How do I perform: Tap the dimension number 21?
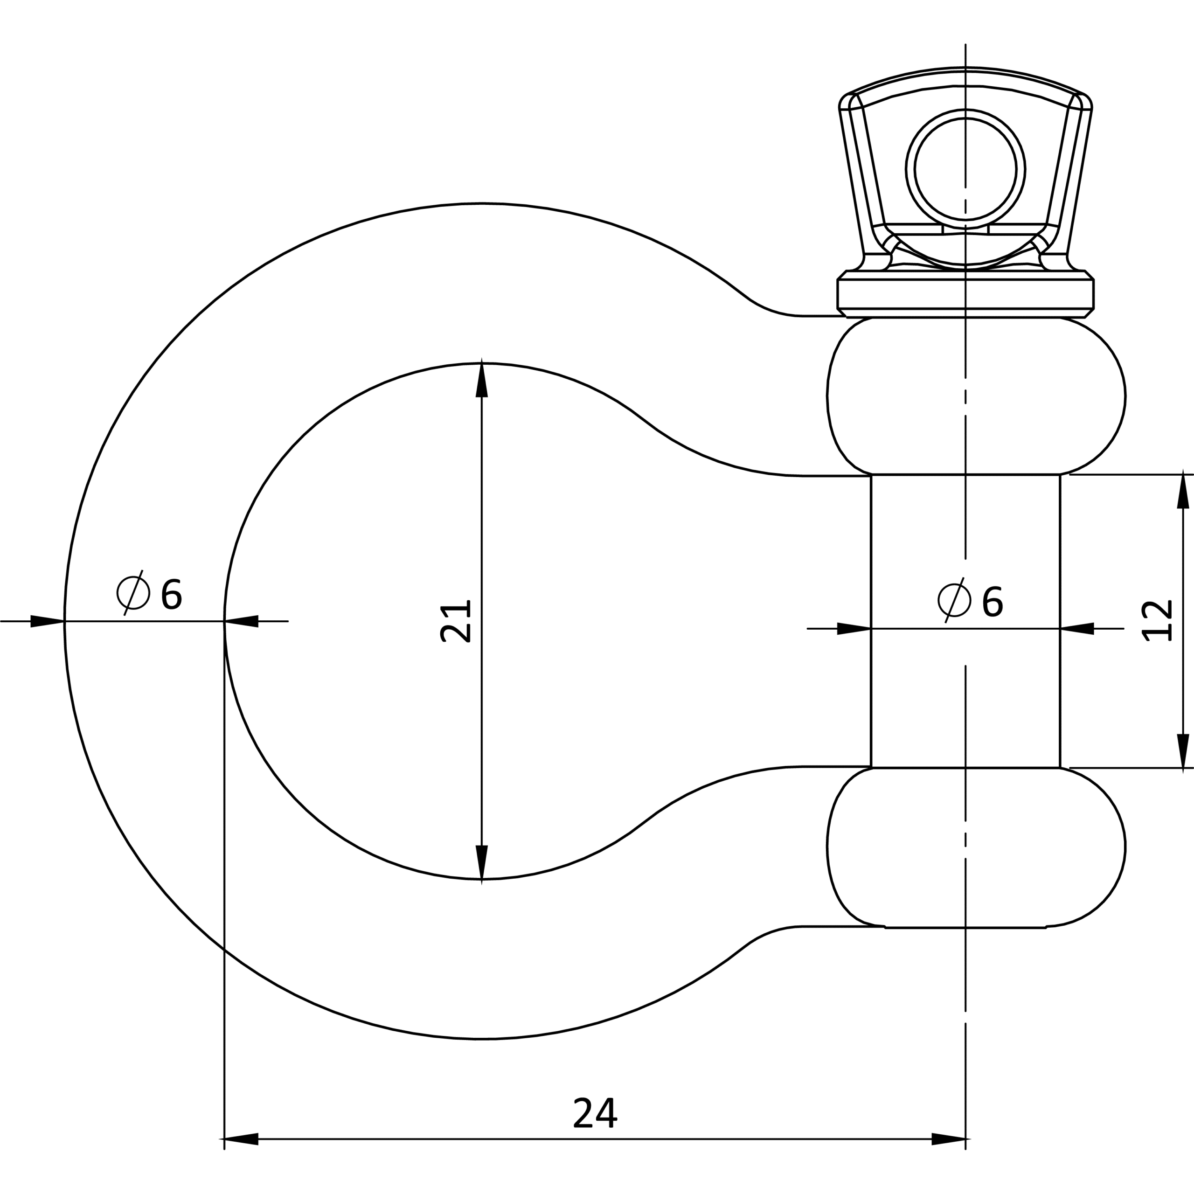point(456,621)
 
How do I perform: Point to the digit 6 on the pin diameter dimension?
point(992,601)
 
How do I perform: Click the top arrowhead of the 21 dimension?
point(481,379)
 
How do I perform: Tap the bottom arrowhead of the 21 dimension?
point(481,863)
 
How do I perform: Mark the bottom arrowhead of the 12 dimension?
point(1183,752)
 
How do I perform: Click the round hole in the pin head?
point(965,169)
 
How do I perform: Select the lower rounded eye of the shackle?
point(977,847)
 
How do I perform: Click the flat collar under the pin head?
point(965,294)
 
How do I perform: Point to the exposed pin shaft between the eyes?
point(965,621)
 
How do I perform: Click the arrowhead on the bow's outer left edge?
point(48,621)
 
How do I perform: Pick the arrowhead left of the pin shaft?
point(854,629)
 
